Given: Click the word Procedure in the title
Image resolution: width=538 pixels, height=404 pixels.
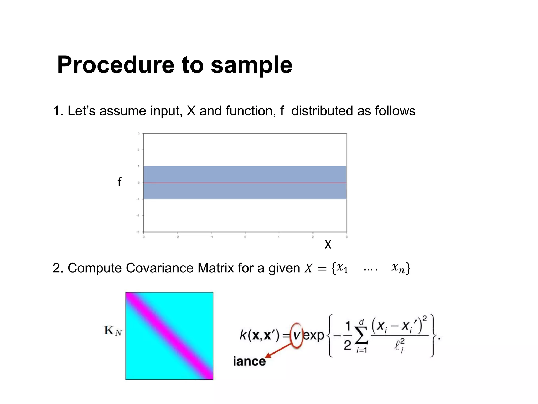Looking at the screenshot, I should [116, 65].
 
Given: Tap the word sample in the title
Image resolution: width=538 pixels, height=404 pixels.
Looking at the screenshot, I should [251, 65].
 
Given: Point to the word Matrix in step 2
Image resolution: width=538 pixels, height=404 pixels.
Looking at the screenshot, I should [215, 268].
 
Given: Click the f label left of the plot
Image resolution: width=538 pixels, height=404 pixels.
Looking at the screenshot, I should [120, 182].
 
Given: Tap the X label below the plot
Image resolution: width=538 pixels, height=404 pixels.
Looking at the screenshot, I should [328, 244].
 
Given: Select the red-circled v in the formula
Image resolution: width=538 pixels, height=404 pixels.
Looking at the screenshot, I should [297, 335].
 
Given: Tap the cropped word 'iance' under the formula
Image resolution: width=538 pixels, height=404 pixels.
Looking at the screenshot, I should [250, 361].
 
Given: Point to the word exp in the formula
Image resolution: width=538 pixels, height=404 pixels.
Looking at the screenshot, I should [314, 335].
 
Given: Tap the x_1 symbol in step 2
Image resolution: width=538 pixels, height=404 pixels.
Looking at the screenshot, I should [342, 268].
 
